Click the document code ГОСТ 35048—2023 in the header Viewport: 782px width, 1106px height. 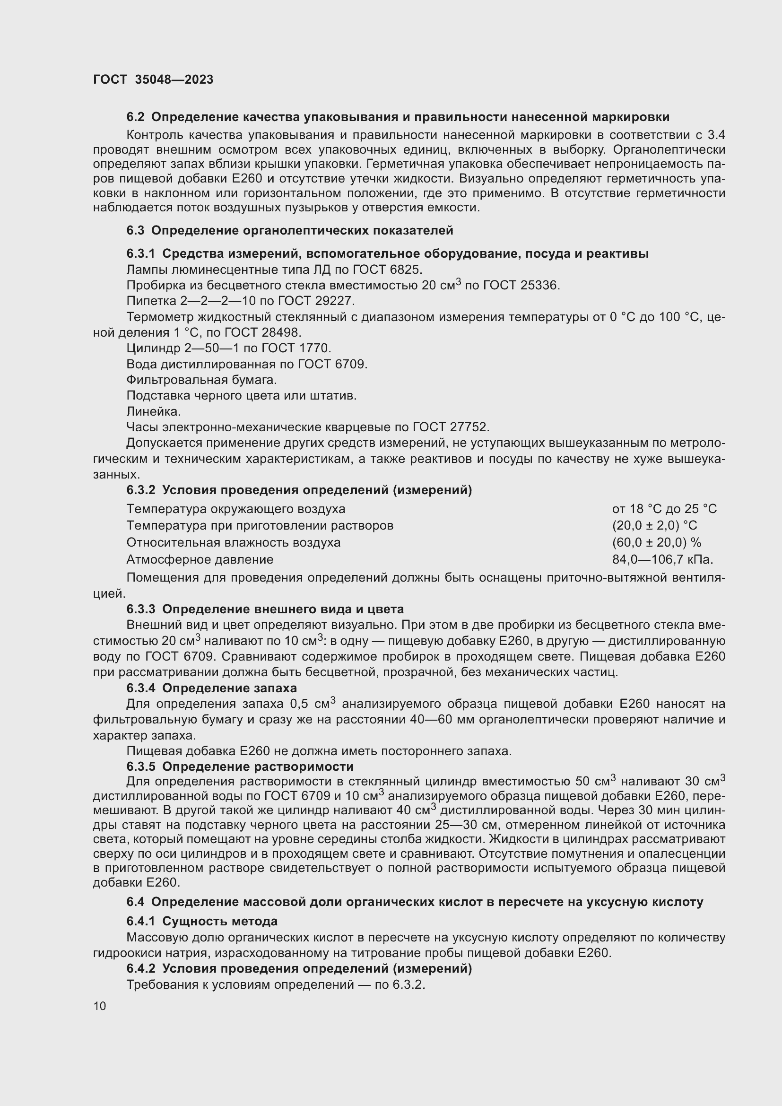click(x=153, y=79)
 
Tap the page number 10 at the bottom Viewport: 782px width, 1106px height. click(x=100, y=1006)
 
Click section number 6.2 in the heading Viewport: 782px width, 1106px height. click(x=135, y=117)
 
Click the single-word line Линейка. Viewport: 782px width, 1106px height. click(x=154, y=411)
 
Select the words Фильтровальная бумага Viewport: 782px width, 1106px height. click(x=201, y=380)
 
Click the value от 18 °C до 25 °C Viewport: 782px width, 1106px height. click(x=664, y=509)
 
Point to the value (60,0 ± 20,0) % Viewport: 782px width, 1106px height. click(x=656, y=542)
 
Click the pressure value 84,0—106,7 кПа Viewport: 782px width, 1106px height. click(x=662, y=560)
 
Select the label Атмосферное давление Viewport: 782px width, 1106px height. click(x=200, y=560)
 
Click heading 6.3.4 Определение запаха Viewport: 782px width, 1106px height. click(x=211, y=688)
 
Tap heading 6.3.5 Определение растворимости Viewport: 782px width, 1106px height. click(x=240, y=766)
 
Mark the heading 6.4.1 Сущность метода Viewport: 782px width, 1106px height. click(x=202, y=922)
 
